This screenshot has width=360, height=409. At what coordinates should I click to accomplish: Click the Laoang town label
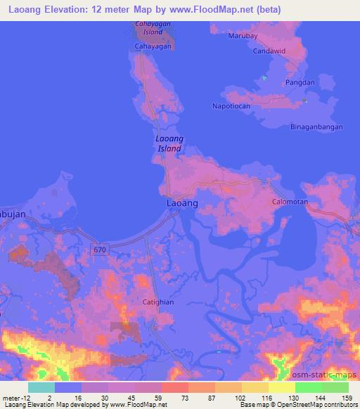(x=182, y=202)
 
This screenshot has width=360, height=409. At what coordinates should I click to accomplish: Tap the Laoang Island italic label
(x=169, y=144)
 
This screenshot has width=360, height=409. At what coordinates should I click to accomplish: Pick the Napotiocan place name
(x=231, y=106)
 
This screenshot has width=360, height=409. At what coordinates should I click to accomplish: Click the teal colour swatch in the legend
(x=41, y=387)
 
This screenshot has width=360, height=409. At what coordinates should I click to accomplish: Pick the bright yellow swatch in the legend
(x=282, y=387)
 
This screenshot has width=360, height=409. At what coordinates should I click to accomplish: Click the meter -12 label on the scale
(x=14, y=398)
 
